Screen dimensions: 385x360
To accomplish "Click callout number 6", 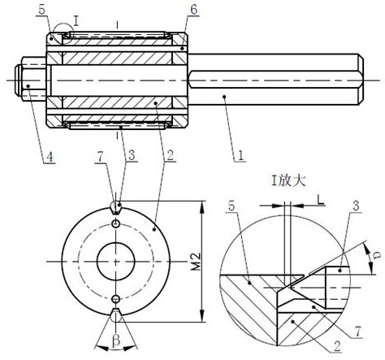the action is pyautogui.click(x=193, y=10).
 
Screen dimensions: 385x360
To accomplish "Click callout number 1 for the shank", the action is pyautogui.click(x=240, y=155).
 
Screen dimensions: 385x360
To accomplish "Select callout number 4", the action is pyautogui.click(x=50, y=157).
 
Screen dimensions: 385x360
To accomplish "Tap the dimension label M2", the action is pyautogui.click(x=197, y=262).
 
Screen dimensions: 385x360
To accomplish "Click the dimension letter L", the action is pyautogui.click(x=320, y=200).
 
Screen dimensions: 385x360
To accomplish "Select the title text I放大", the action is pyautogui.click(x=288, y=181).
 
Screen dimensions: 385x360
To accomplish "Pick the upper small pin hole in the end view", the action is pyautogui.click(x=116, y=223).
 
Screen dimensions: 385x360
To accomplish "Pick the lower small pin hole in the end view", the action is pyautogui.click(x=116, y=299).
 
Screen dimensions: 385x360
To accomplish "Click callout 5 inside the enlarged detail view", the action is pyautogui.click(x=231, y=206).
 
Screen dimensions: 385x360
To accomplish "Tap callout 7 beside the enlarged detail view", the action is pyautogui.click(x=358, y=332).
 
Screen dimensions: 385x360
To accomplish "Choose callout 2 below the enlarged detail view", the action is pyautogui.click(x=337, y=346).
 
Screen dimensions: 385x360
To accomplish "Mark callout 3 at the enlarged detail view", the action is pyautogui.click(x=356, y=206).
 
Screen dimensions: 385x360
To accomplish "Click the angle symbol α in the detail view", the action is pyautogui.click(x=379, y=254).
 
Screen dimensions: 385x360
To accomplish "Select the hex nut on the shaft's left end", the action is pyautogui.click(x=30, y=79).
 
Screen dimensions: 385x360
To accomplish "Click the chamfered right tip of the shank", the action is pyautogui.click(x=361, y=79).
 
